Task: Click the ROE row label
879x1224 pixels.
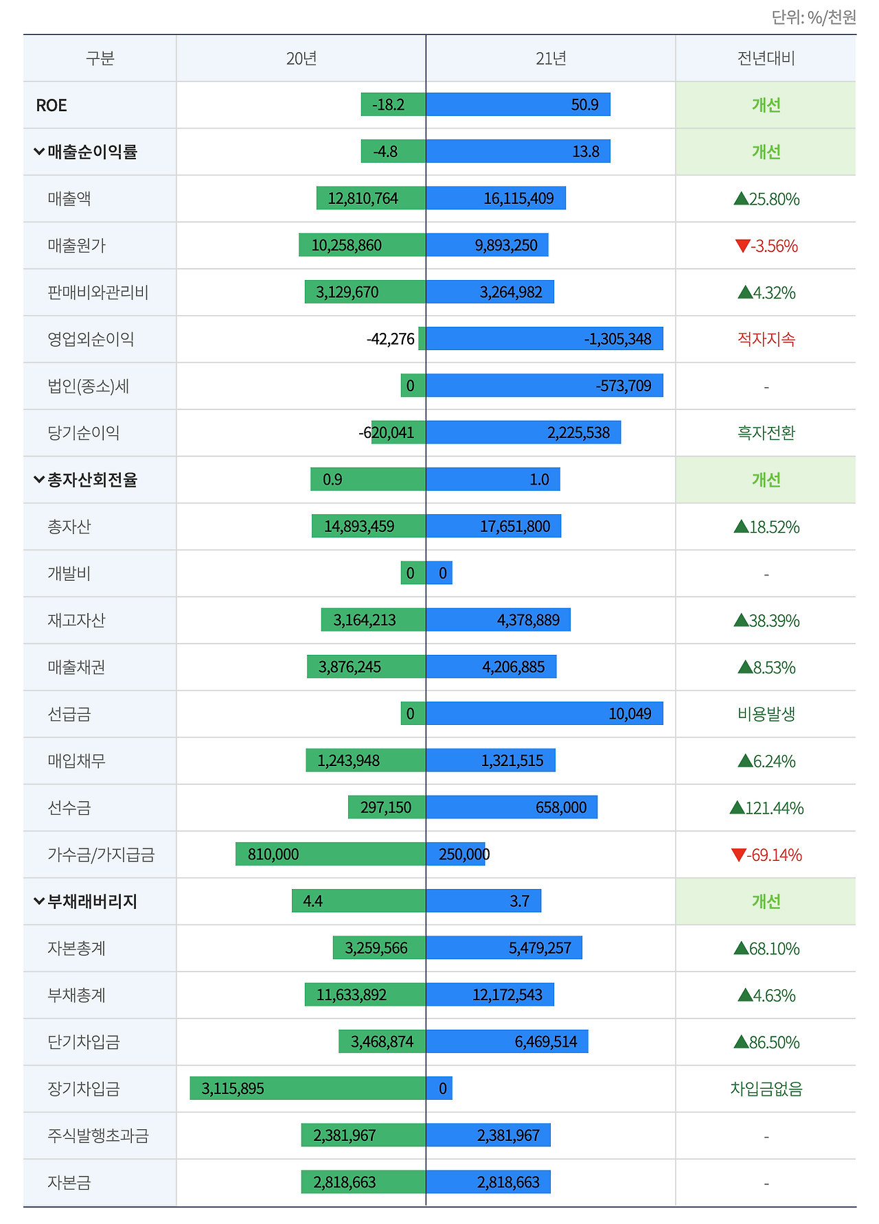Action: tap(52, 105)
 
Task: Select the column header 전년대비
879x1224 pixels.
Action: tap(766, 58)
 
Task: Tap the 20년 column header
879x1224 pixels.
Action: tap(301, 58)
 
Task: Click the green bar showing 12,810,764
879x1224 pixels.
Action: tap(371, 198)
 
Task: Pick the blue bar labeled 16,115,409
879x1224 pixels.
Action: tap(496, 198)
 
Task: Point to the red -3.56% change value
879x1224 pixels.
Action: tap(766, 246)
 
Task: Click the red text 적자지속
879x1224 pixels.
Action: tap(766, 339)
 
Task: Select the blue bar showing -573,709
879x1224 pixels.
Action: tap(545, 386)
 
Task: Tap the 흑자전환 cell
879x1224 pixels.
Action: tap(766, 433)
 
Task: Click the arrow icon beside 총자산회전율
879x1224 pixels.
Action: tap(38, 479)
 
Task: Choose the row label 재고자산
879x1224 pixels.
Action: tap(76, 621)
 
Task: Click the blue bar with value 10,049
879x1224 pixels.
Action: tap(545, 714)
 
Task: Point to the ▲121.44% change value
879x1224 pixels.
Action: tap(766, 808)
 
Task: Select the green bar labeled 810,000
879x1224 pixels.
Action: tap(330, 855)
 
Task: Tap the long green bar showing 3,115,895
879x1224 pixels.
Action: tap(308, 1089)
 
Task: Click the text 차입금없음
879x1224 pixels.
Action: tap(766, 1089)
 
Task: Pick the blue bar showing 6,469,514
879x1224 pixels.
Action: tap(507, 1042)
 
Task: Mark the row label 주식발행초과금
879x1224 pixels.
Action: tap(98, 1135)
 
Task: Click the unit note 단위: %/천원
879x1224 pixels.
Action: tap(814, 16)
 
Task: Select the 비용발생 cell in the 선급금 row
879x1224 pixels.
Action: tap(766, 714)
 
